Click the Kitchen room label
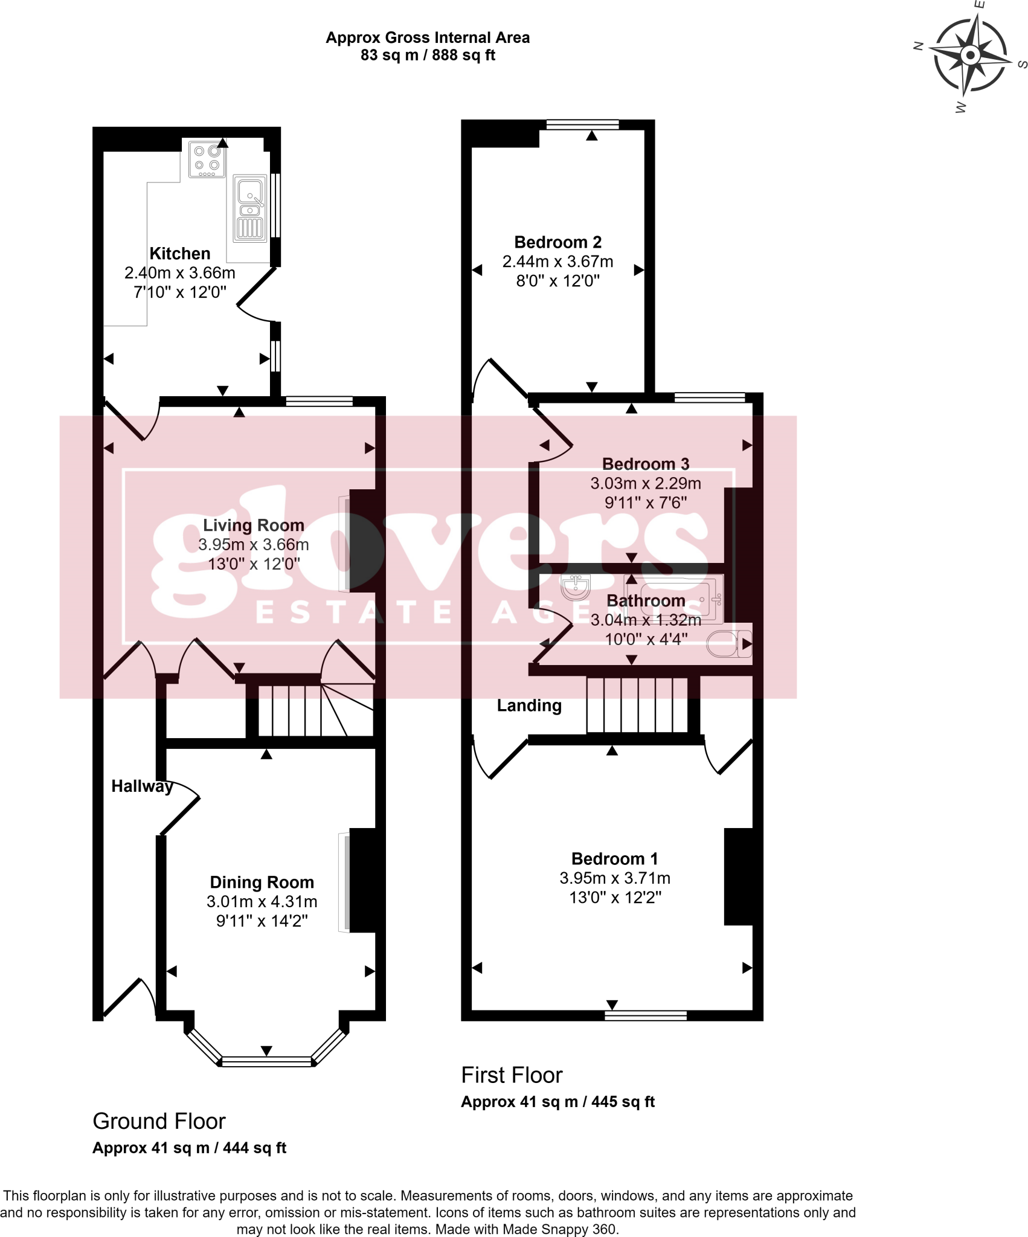[180, 254]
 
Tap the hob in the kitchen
[207, 159]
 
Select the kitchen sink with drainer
[249, 208]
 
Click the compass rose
[970, 56]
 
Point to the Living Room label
[253, 525]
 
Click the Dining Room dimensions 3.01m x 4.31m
[262, 902]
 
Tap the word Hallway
[142, 786]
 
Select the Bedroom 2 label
[557, 242]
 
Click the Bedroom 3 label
[645, 464]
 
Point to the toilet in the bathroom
[728, 644]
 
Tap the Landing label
[529, 705]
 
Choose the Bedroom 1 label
[614, 859]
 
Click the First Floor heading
[512, 1075]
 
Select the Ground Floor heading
[159, 1121]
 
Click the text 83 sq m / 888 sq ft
[428, 56]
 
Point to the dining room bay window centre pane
[266, 1061]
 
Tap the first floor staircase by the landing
[637, 705]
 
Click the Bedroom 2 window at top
[582, 124]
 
